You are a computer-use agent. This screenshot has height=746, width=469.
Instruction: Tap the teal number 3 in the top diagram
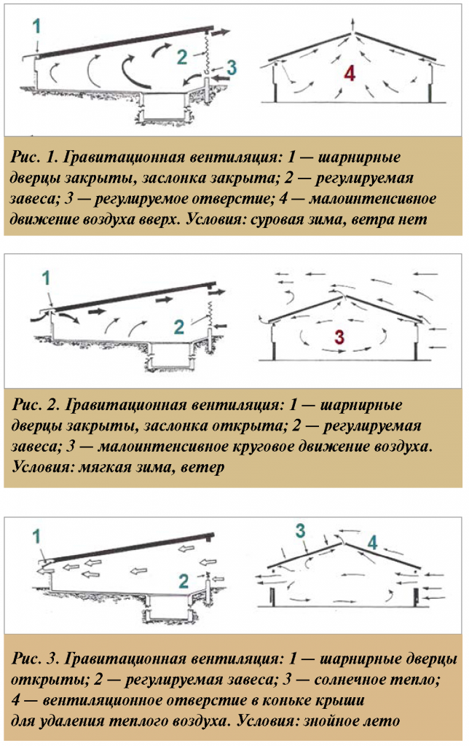pyautogui.click(x=231, y=68)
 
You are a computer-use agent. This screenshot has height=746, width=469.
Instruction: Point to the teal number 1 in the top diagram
pyautogui.click(x=37, y=26)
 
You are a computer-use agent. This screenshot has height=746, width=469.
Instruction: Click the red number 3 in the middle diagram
pyautogui.click(x=339, y=337)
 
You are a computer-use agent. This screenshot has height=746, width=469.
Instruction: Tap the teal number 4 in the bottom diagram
pyautogui.click(x=373, y=543)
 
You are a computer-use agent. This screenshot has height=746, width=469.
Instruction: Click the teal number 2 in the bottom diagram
pyautogui.click(x=184, y=581)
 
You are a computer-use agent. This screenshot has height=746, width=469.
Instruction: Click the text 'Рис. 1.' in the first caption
pyautogui.click(x=34, y=157)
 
